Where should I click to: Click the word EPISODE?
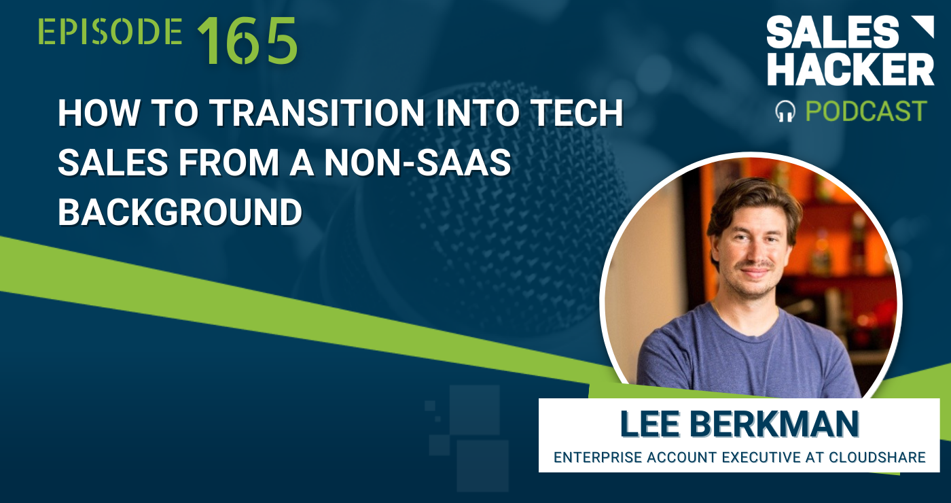tap(110, 33)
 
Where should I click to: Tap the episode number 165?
tap(248, 41)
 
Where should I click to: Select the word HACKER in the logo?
tap(850, 70)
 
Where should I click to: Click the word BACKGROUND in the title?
tap(180, 213)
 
